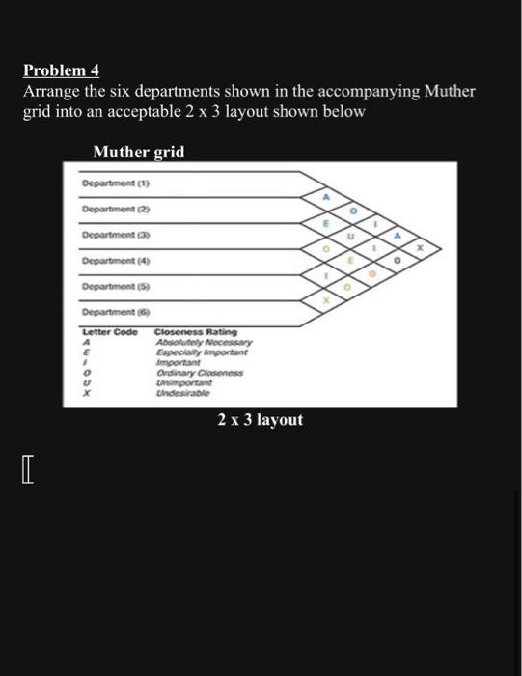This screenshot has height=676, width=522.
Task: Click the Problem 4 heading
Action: pos(62,71)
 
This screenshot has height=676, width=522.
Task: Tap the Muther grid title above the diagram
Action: pos(138,153)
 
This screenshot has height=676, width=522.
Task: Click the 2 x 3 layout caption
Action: pos(261,419)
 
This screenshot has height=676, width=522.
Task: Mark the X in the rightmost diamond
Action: pos(419,246)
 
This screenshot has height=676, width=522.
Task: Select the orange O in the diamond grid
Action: pos(371,273)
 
